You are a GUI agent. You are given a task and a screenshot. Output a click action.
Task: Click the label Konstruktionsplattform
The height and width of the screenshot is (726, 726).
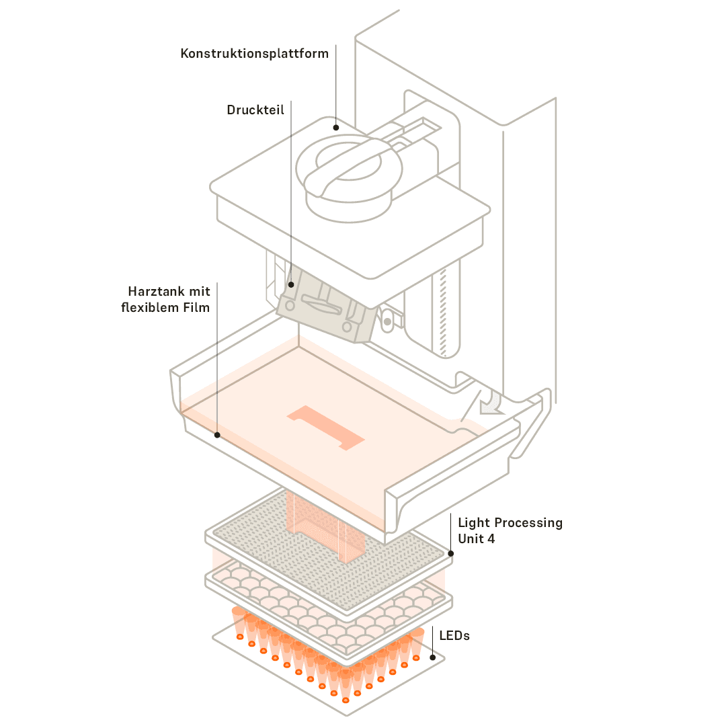254,53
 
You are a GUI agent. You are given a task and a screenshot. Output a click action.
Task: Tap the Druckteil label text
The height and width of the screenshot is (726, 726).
255,110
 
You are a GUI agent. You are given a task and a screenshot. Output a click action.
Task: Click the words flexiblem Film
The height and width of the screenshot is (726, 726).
165,309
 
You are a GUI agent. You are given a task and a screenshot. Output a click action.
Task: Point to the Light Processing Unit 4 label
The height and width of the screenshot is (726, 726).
510,530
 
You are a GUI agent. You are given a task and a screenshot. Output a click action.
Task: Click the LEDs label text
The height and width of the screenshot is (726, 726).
454,635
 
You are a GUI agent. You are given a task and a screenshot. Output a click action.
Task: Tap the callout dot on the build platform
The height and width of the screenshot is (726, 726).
335,126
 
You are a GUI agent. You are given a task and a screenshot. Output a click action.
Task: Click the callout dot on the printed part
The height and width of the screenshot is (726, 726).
291,284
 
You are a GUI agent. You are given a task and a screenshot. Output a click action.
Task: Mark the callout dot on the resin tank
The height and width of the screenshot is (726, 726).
216,435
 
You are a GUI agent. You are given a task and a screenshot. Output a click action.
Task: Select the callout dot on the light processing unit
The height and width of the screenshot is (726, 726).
450,554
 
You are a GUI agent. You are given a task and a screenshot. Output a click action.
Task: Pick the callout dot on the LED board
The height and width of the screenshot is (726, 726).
432,657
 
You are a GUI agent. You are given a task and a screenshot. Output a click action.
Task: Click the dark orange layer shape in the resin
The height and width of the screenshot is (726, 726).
325,428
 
